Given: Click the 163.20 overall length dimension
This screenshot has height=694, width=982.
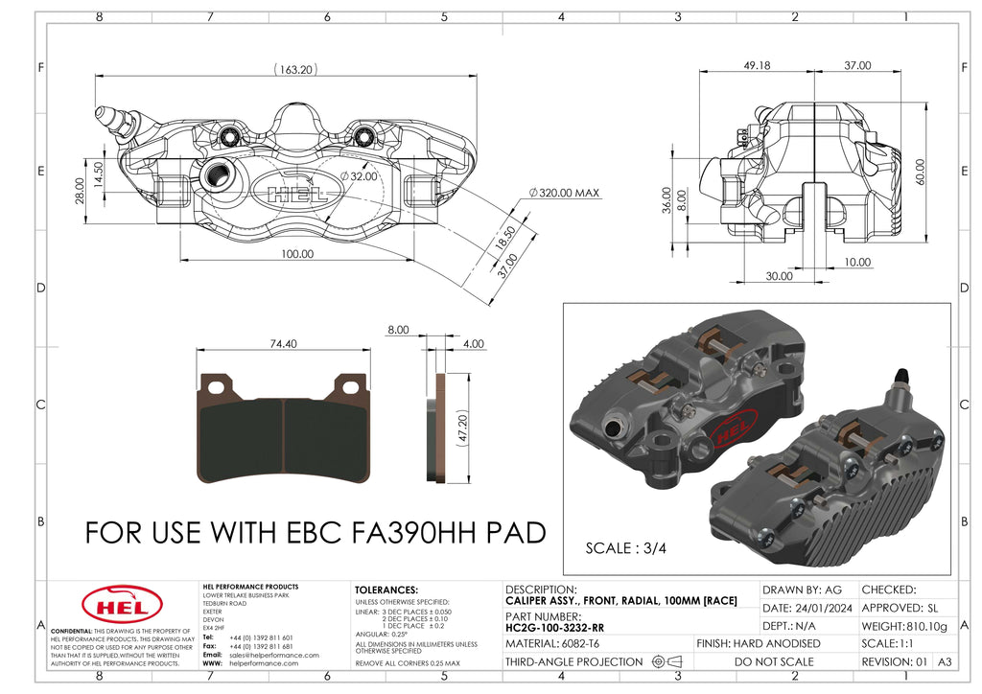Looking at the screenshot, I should click(x=295, y=69).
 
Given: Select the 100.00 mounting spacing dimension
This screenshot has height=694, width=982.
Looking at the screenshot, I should click(x=296, y=254).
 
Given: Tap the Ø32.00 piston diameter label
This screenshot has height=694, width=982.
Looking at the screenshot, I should click(x=359, y=176).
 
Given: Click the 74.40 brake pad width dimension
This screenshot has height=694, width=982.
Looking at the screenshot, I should click(x=283, y=343).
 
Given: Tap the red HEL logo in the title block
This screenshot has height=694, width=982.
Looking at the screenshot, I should click(x=115, y=606).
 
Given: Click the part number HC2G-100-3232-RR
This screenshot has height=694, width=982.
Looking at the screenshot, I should click(x=554, y=627).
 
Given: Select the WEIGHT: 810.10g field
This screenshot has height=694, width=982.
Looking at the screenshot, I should click(x=906, y=626).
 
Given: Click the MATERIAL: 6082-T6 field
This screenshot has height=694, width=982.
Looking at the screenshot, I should click(x=552, y=643).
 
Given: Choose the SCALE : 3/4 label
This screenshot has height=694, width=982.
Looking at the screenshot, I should click(x=626, y=548).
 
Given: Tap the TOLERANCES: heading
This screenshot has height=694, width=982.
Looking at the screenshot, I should click(x=386, y=590).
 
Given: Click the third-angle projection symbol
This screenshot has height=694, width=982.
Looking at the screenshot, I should click(x=666, y=661).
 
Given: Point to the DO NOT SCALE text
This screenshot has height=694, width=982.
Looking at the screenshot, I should click(x=774, y=661).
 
